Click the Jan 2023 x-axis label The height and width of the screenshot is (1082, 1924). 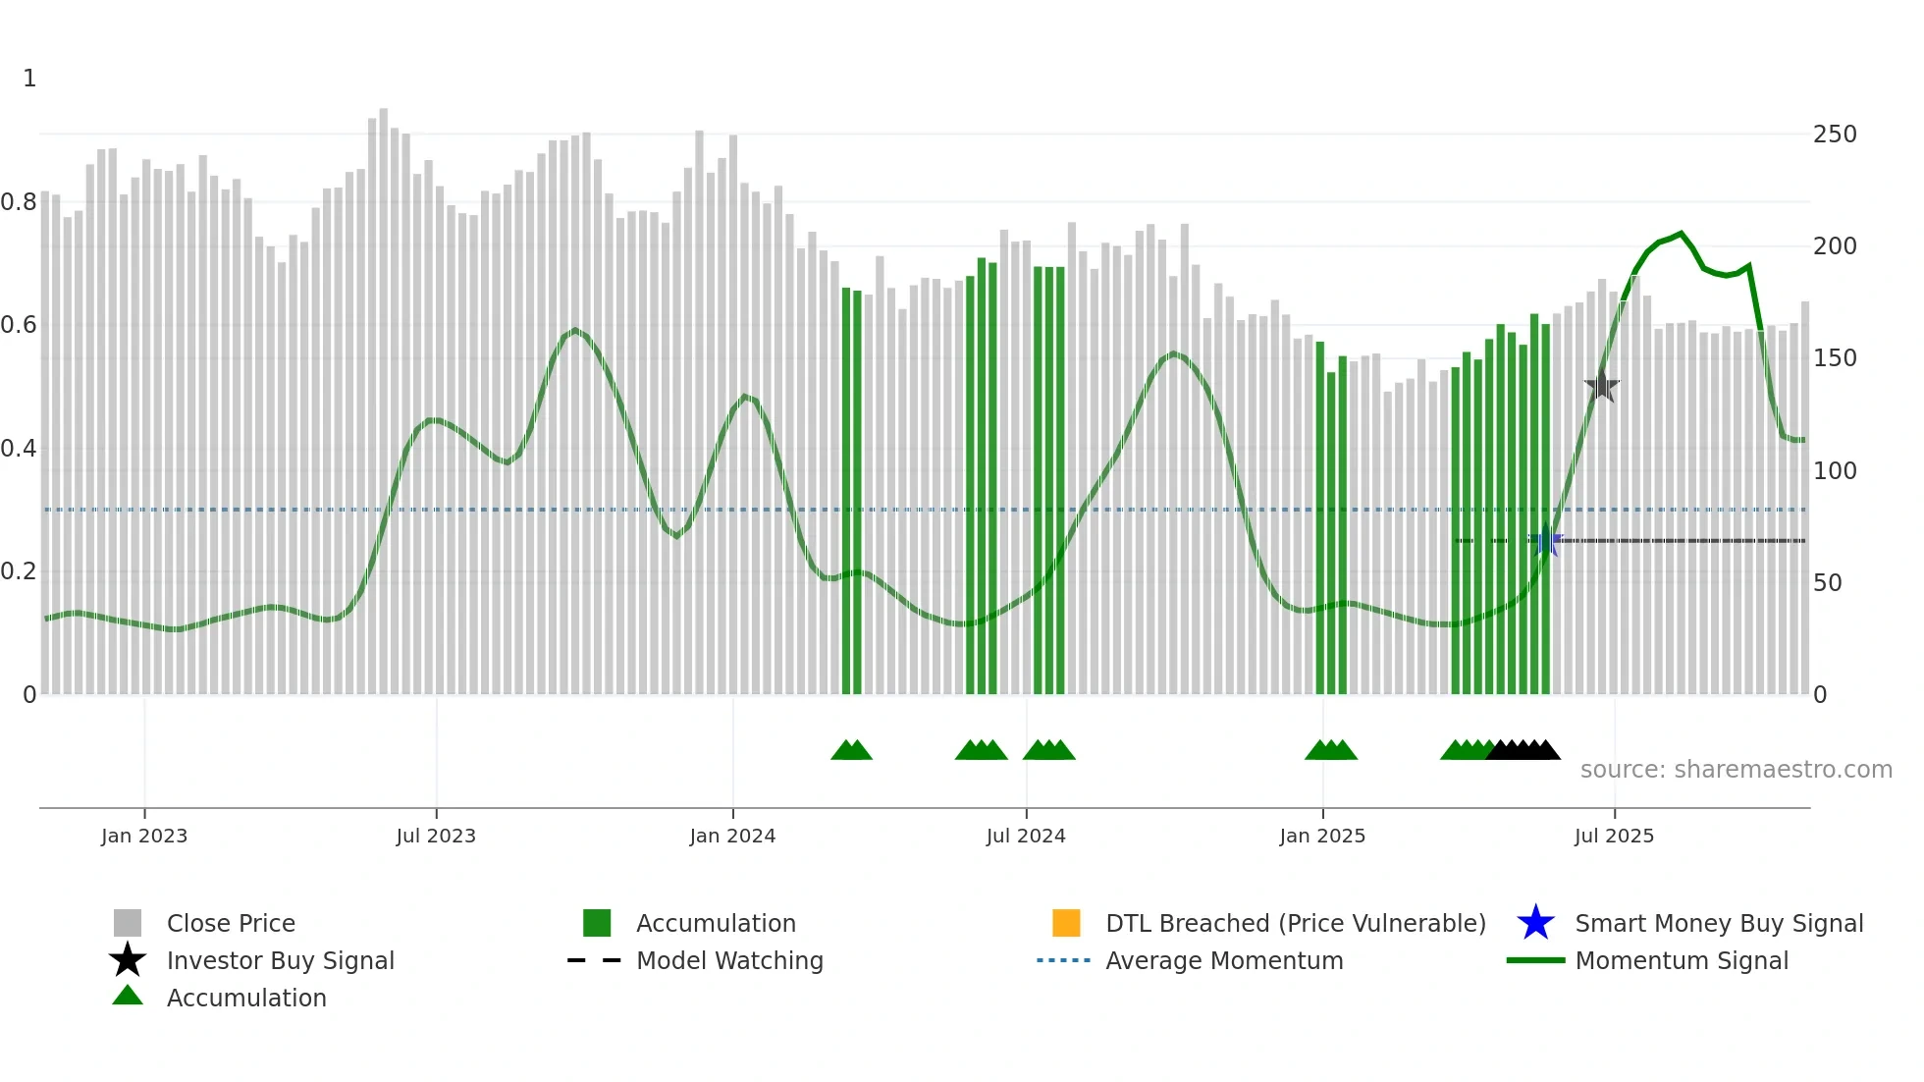click(143, 836)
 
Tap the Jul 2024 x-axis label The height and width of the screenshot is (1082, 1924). click(1025, 836)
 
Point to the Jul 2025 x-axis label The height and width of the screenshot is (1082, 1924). click(1614, 836)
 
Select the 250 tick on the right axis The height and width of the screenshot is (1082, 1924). click(1834, 135)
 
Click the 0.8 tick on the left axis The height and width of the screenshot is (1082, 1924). click(19, 202)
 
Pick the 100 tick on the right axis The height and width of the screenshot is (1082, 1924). click(1834, 471)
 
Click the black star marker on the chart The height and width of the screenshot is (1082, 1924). click(1601, 386)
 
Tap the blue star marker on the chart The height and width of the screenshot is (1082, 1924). click(1545, 540)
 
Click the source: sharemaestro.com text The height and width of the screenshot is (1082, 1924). click(1736, 770)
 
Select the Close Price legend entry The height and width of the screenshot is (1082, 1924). click(231, 923)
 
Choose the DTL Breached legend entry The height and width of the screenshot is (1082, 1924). click(1295, 923)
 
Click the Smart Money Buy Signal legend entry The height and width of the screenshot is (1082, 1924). click(1718, 923)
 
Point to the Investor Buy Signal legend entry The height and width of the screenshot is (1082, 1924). click(280, 960)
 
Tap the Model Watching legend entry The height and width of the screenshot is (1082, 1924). click(728, 960)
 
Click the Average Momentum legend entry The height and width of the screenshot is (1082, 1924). click(1223, 960)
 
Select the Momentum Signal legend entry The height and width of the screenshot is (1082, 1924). click(1681, 960)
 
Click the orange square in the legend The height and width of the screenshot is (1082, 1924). click(1066, 923)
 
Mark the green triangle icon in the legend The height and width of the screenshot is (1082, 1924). click(128, 996)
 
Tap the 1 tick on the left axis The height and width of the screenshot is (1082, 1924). click(29, 79)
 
